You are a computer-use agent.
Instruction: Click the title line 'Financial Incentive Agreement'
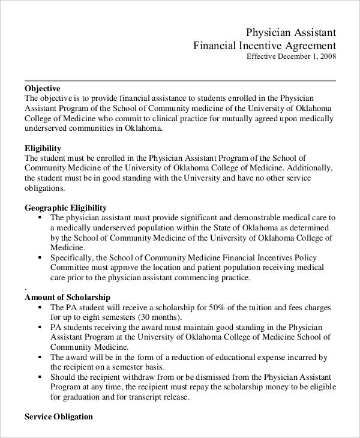click(x=265, y=46)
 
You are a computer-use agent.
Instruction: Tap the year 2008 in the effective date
click(x=328, y=57)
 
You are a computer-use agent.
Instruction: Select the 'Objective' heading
click(x=43, y=88)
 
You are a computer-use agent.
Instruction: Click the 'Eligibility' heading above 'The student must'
click(x=43, y=148)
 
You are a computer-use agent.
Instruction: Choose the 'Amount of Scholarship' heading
click(x=67, y=297)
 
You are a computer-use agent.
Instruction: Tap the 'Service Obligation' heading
click(x=59, y=416)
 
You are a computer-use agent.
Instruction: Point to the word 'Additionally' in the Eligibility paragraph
click(x=308, y=168)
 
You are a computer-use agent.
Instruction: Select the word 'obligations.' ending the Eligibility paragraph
click(x=44, y=188)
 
